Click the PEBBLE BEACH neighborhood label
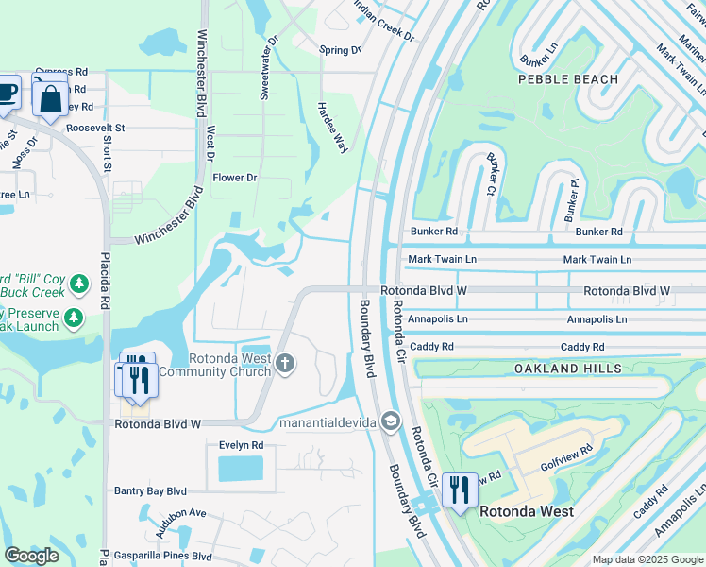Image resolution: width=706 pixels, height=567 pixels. (x=568, y=79)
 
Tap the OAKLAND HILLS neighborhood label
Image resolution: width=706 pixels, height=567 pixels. (x=568, y=368)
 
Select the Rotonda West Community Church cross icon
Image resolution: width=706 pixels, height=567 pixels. (x=285, y=363)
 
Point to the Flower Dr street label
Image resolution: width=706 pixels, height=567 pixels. (x=235, y=178)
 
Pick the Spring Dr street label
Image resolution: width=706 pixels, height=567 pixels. (x=340, y=50)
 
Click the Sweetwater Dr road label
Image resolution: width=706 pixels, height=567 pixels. (x=268, y=67)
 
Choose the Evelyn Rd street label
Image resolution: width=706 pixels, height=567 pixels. (x=241, y=445)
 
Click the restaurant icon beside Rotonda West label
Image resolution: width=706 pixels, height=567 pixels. (x=460, y=490)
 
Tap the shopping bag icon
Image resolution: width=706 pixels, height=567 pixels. (x=50, y=98)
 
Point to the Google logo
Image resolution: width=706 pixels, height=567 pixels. (x=32, y=556)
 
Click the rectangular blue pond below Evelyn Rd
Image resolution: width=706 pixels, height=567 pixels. (x=241, y=468)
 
